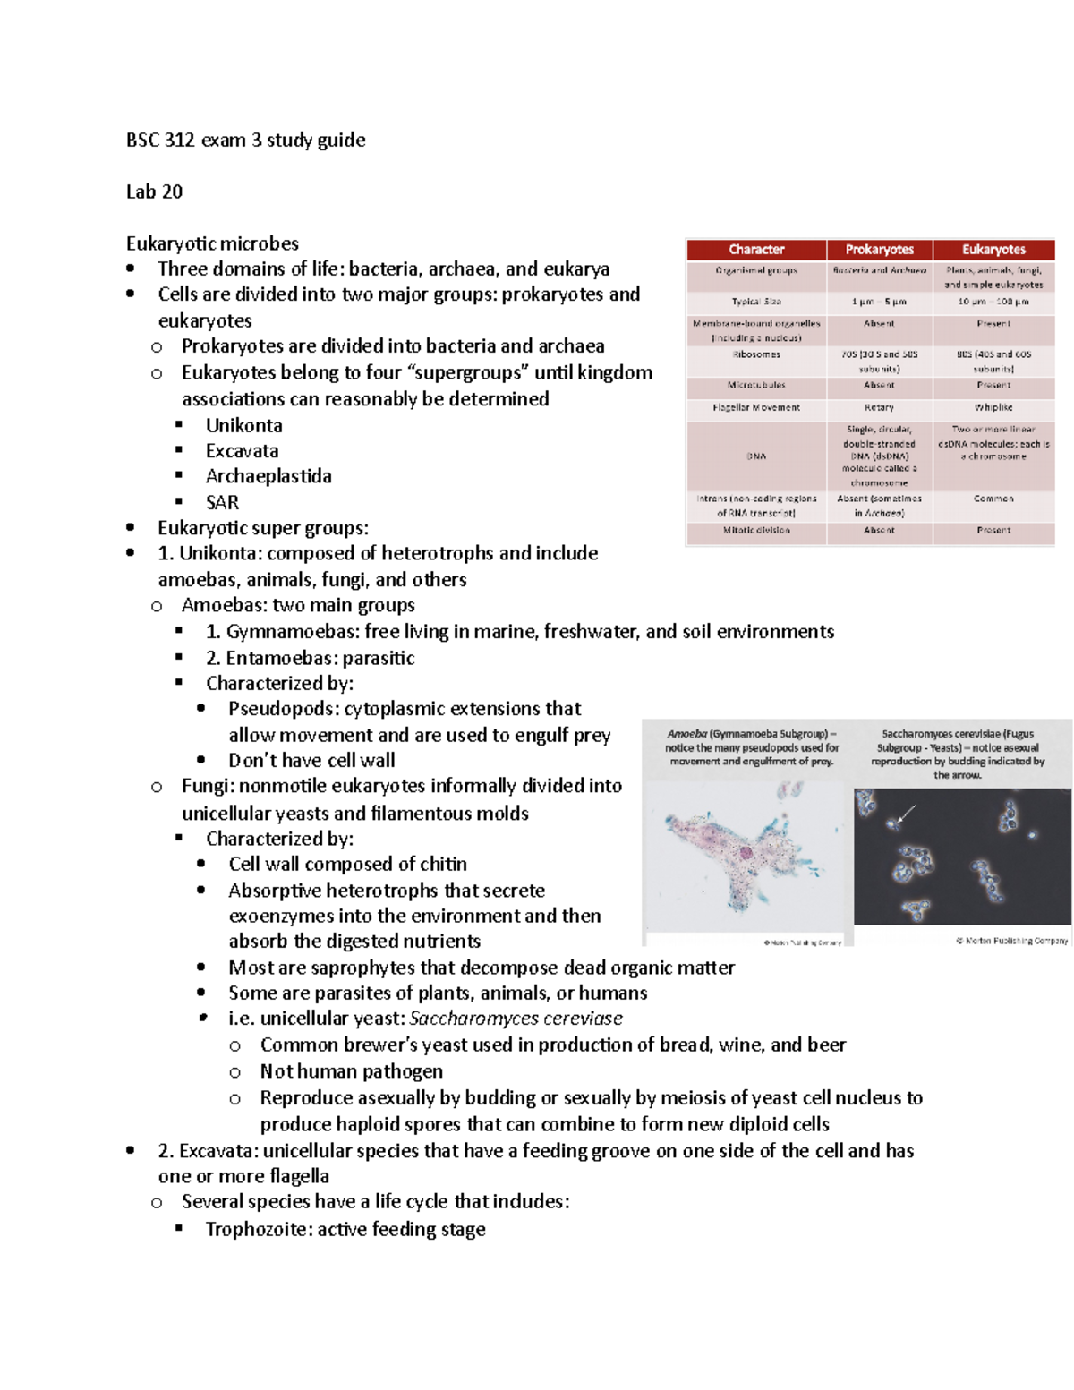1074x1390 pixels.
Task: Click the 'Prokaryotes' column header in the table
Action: click(879, 250)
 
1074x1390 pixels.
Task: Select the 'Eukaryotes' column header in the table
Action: click(993, 250)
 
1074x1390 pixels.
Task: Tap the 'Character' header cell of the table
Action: click(756, 250)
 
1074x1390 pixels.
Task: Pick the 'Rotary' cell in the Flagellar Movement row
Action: click(879, 407)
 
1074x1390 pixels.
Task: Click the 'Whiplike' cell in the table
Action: click(993, 407)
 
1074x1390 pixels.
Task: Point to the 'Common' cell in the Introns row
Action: click(993, 499)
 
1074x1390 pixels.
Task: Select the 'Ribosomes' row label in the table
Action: click(756, 354)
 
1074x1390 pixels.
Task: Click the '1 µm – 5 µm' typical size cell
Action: click(879, 302)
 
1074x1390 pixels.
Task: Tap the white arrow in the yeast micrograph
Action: click(906, 814)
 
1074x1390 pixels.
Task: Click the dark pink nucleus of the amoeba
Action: click(746, 852)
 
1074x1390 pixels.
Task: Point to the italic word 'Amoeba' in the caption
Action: click(686, 734)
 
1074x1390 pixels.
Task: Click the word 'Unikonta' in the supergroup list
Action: click(243, 425)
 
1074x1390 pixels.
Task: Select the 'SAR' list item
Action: click(222, 502)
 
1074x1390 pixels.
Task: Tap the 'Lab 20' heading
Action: click(154, 192)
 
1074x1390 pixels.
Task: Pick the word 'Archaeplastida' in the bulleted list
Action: click(268, 476)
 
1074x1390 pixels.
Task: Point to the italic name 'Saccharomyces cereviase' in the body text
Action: click(516, 1019)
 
